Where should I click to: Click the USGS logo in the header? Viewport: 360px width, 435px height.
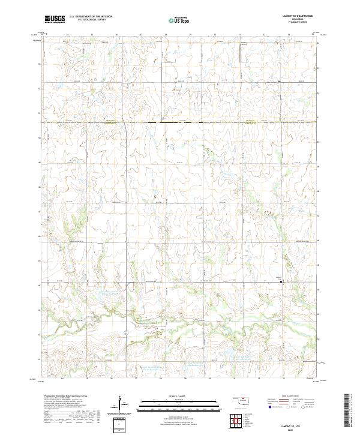pos(55,20)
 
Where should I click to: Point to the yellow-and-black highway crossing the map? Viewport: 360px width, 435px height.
pos(180,122)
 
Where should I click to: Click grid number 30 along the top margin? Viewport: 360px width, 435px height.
pos(215,35)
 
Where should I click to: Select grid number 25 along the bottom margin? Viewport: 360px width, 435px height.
pos(87,379)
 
